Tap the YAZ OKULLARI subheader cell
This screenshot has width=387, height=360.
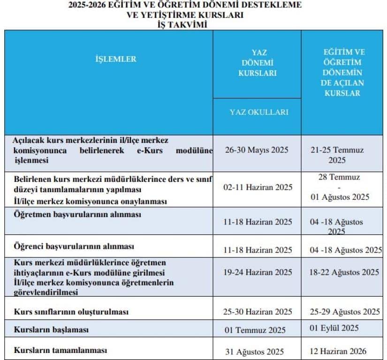click(258, 112)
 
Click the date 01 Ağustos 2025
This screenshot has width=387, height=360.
click(340, 196)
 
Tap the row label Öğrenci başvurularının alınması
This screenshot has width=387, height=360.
click(74, 246)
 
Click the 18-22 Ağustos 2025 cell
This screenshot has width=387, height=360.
click(344, 272)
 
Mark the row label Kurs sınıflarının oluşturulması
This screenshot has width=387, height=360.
click(71, 312)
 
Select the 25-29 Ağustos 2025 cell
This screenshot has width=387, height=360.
click(344, 312)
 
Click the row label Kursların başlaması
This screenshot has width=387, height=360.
click(51, 330)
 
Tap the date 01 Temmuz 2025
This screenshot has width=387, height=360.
click(255, 330)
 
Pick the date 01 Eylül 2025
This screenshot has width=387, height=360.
click(334, 328)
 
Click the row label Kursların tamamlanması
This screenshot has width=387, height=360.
click(61, 350)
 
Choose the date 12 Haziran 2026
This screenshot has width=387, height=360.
click(338, 351)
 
